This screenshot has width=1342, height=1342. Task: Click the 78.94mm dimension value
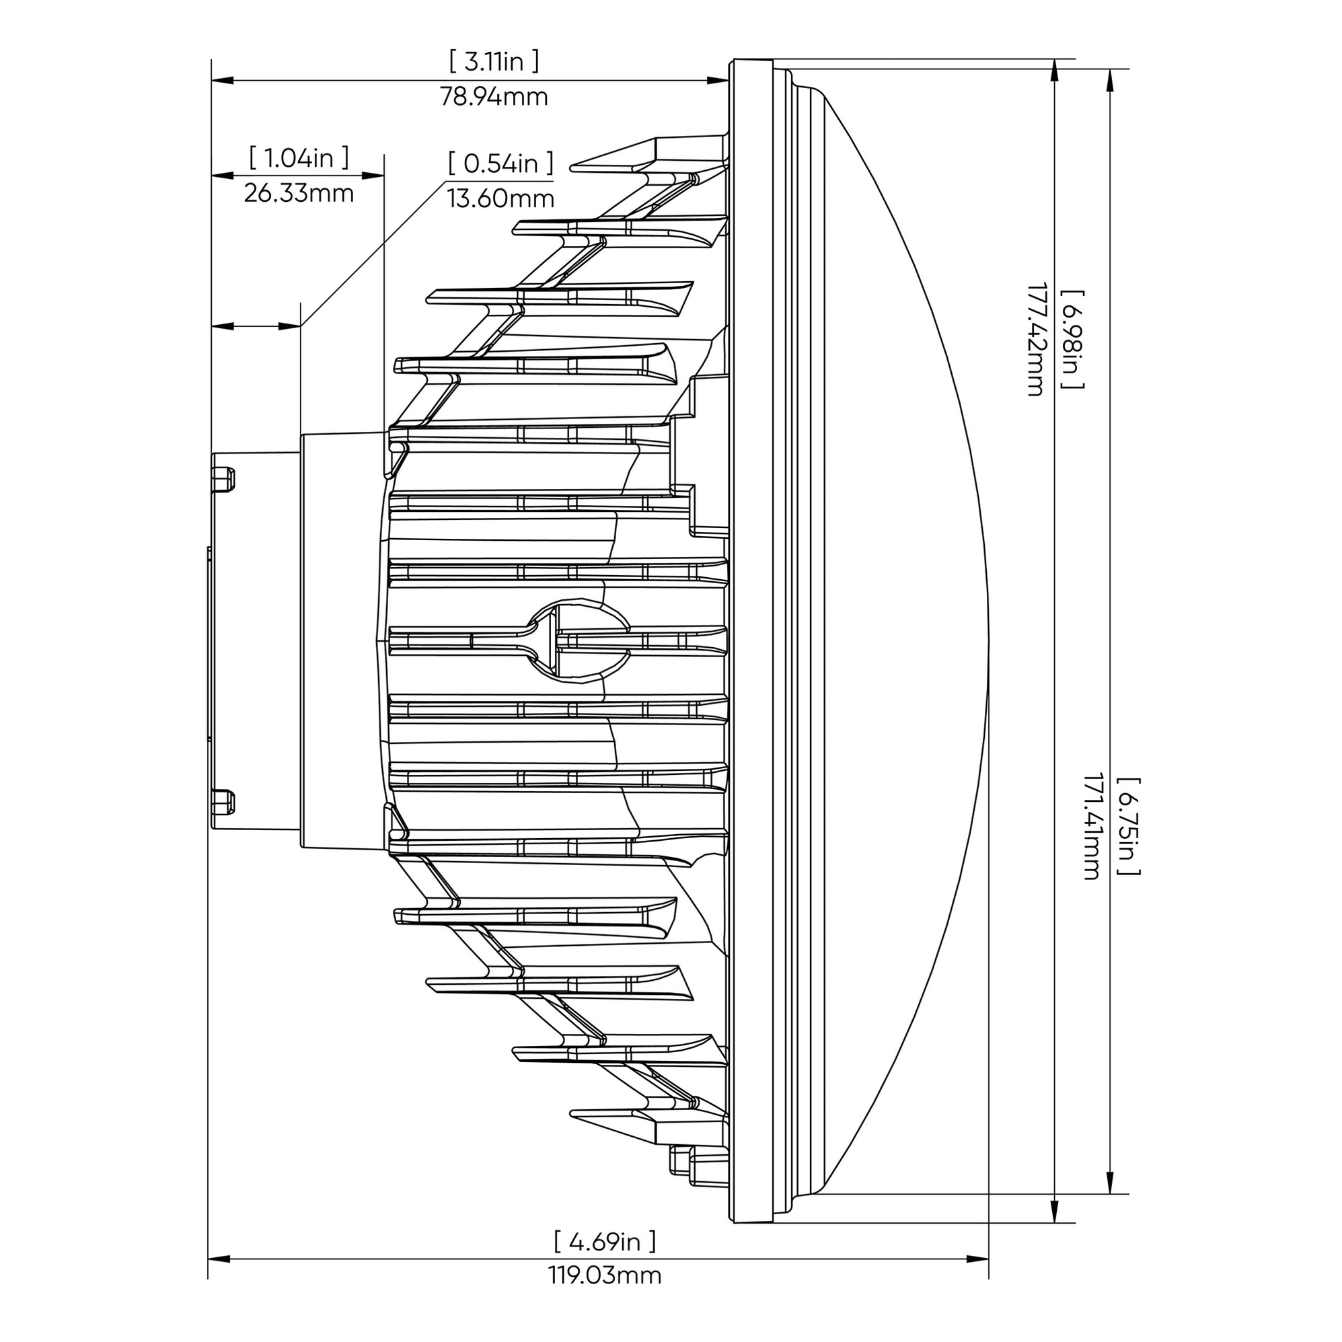(x=494, y=98)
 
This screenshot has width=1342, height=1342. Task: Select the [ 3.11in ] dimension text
(x=494, y=62)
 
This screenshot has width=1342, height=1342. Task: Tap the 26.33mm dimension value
(x=299, y=193)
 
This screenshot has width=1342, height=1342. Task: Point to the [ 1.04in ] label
(x=299, y=158)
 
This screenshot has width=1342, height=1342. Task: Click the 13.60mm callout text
(x=500, y=199)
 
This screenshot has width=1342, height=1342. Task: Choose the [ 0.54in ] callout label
(x=500, y=164)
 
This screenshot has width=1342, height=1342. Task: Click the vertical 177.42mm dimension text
(x=1036, y=339)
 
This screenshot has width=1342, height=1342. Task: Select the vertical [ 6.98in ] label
(x=1072, y=339)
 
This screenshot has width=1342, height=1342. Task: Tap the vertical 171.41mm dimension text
(x=1091, y=826)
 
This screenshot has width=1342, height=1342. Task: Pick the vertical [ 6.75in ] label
(x=1127, y=826)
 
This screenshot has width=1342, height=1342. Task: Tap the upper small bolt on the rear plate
(x=223, y=478)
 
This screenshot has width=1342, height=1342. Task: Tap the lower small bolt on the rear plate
(x=223, y=803)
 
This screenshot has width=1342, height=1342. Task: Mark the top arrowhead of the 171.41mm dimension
(x=1110, y=79)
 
